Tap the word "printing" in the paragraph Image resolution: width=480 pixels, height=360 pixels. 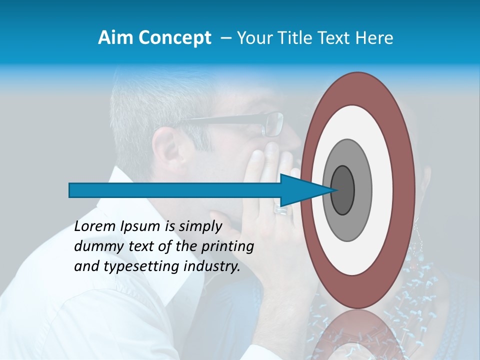pyautogui.click(x=227, y=247)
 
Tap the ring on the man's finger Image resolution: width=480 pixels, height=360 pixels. pyautogui.click(x=281, y=210)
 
